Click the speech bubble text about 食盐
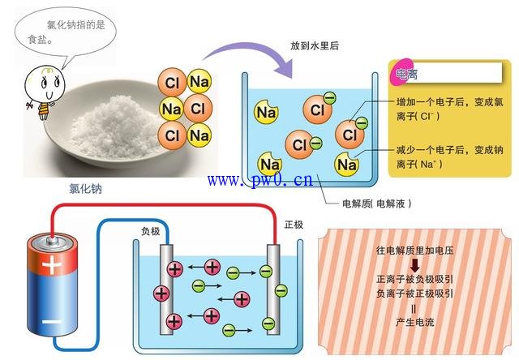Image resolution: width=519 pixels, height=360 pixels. click(x=71, y=31)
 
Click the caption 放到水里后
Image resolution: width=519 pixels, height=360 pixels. click(x=314, y=46)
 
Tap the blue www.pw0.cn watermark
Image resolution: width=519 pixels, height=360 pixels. click(x=259, y=179)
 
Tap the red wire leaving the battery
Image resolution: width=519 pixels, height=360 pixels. click(x=162, y=208)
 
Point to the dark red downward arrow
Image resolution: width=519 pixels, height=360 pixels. click(x=414, y=265)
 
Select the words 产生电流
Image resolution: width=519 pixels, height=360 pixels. click(x=414, y=323)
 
